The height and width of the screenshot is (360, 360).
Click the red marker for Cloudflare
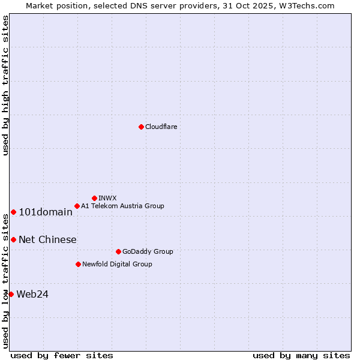point(141,127)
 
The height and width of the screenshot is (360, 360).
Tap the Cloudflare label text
point(161,127)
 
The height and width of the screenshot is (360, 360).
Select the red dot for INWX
point(94,198)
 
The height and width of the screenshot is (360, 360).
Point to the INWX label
point(107,198)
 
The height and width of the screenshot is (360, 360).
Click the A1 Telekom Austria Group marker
point(77,206)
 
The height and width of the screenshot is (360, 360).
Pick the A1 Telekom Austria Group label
point(122,206)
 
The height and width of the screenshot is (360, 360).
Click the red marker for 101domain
point(13,212)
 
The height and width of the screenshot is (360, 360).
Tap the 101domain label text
point(46,212)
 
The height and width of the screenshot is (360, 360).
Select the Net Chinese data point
point(13,239)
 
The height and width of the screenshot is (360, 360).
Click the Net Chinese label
point(47,239)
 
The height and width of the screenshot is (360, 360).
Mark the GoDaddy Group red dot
point(118,251)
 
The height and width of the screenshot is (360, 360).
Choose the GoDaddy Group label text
point(148,251)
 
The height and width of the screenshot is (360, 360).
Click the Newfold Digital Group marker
point(78,264)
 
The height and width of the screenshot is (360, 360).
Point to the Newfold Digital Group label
point(117,264)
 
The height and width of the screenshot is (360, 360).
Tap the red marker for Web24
point(11,294)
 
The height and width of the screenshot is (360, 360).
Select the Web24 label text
point(32,294)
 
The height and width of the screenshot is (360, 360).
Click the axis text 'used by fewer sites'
point(62,355)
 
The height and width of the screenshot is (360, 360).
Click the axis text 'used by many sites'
point(301,355)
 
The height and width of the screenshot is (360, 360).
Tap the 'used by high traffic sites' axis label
point(5,85)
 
